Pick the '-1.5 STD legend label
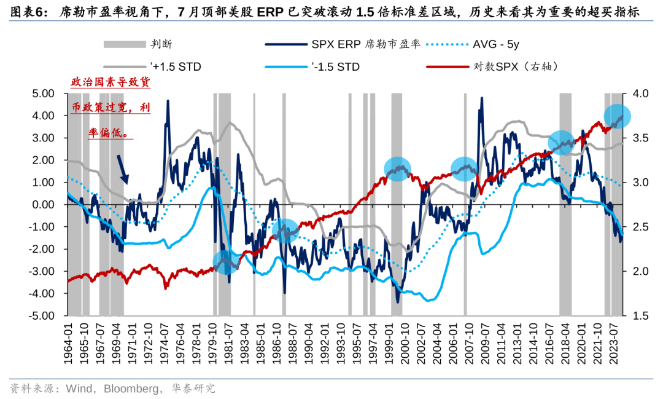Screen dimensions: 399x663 335,66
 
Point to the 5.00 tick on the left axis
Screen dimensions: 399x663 43,93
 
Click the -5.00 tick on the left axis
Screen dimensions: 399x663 41,316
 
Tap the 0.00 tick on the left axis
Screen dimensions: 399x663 43,205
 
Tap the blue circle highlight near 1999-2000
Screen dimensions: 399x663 398,168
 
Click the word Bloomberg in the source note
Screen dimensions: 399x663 130,389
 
